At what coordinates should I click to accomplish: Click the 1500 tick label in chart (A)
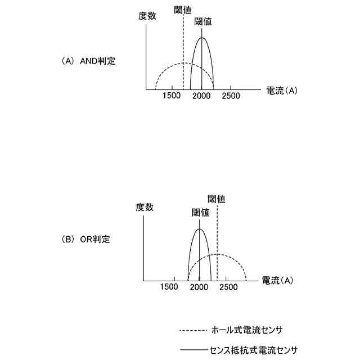pos(172,96)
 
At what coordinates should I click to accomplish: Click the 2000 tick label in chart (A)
pos(201,96)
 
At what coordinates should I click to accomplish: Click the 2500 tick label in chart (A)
pos(230,96)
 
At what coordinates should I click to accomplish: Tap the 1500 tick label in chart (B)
pos(169,287)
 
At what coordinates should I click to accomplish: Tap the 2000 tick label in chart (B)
pos(199,287)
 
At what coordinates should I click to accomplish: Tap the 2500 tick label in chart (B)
pos(228,287)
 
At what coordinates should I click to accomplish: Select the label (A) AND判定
pos(88,61)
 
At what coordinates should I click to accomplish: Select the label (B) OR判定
pos(86,239)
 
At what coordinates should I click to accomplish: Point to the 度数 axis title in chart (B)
pos(145,207)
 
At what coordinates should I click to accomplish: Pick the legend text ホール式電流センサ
pos(250,330)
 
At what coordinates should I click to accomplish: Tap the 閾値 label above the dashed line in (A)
pos(183,10)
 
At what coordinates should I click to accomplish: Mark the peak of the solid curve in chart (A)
pos(202,38)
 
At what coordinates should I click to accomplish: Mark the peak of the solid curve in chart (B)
pos(199,228)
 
